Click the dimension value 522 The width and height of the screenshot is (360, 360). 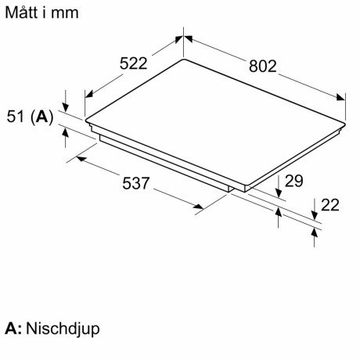click(x=133, y=63)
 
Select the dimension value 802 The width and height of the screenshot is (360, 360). click(x=262, y=66)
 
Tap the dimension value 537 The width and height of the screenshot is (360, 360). click(x=136, y=183)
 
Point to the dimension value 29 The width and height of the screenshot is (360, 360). click(x=293, y=181)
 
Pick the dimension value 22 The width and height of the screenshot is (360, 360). click(x=330, y=205)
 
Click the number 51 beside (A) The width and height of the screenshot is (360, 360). click(x=16, y=117)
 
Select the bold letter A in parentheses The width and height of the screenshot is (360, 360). click(x=42, y=117)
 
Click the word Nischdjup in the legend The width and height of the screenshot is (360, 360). click(x=63, y=329)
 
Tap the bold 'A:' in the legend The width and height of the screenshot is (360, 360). click(x=13, y=329)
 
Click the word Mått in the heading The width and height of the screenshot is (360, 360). click(x=21, y=13)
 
